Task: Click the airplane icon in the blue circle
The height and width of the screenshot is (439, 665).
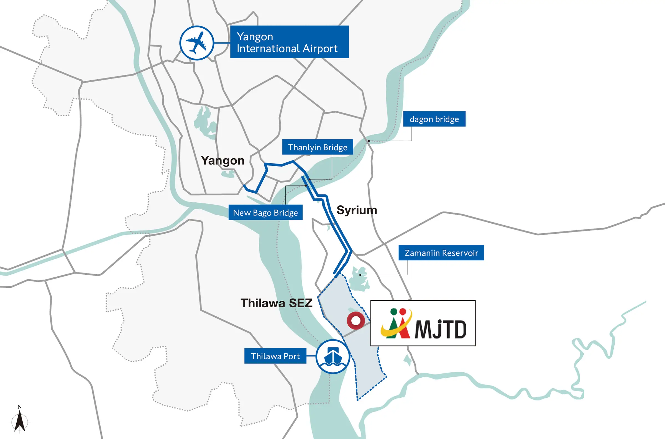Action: tap(197, 43)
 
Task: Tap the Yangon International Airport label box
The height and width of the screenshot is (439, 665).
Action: tap(289, 42)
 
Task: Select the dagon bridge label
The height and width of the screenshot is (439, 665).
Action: tap(434, 119)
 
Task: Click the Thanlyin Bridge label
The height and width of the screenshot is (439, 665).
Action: tap(317, 147)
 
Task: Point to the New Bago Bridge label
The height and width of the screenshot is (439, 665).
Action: tap(265, 213)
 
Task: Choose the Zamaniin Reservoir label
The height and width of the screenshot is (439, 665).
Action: tap(441, 253)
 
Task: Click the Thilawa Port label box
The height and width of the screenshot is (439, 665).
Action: tap(275, 356)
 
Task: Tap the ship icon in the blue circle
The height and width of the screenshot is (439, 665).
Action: tap(333, 356)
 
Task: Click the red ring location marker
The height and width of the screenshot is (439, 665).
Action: tap(356, 321)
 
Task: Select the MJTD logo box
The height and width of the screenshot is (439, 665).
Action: tap(423, 323)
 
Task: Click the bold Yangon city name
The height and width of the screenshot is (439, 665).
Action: tap(223, 161)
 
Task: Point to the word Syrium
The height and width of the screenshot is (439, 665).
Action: tap(357, 210)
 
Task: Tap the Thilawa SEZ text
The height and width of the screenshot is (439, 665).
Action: tap(276, 303)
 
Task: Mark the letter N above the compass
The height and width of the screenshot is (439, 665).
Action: tap(20, 407)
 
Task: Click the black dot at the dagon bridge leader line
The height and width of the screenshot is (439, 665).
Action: tap(369, 141)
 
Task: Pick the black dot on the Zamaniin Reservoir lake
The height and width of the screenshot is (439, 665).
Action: tap(360, 275)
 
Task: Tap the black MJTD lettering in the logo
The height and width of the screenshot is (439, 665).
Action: tap(441, 330)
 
